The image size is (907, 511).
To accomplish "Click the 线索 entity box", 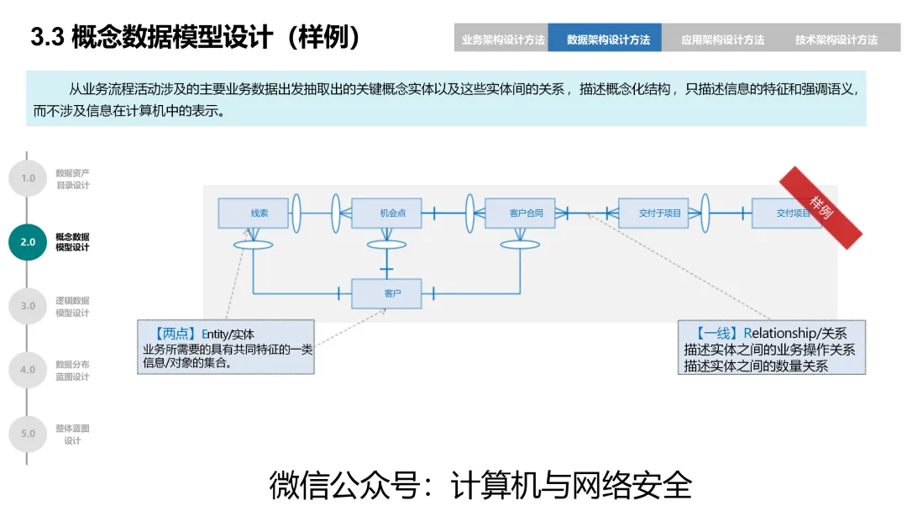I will (x=253, y=213).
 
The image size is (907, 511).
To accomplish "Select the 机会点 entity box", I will (x=385, y=213).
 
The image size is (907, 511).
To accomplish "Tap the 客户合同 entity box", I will (x=520, y=213).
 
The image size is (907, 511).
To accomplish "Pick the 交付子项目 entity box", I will (x=653, y=213).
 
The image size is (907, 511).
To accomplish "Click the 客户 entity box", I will (x=385, y=293).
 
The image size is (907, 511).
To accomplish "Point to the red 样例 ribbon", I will (x=820, y=207).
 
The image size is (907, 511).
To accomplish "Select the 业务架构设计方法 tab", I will (x=502, y=39).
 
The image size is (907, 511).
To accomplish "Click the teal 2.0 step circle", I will (x=28, y=242).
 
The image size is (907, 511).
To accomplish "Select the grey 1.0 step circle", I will (x=28, y=178).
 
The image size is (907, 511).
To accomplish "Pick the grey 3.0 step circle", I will (x=28, y=306).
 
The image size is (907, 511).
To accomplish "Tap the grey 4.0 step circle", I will (x=28, y=370).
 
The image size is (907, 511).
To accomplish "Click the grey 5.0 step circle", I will (x=28, y=434).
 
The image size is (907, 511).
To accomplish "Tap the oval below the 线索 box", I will (x=253, y=245).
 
